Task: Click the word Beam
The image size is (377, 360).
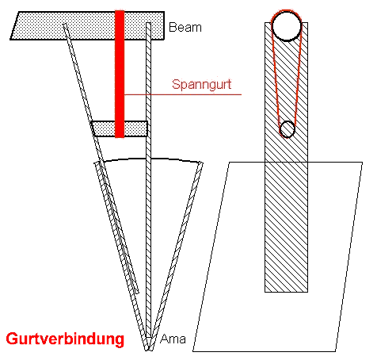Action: click(x=185, y=28)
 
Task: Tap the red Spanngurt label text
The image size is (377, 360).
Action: click(x=202, y=85)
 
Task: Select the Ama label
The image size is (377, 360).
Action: click(x=173, y=339)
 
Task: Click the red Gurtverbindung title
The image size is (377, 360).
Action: click(x=65, y=339)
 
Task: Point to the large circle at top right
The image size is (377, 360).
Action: click(x=287, y=25)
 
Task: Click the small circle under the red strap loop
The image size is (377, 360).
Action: click(x=287, y=129)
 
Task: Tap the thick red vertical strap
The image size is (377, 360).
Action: click(x=120, y=74)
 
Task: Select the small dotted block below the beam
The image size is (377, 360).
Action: click(x=119, y=128)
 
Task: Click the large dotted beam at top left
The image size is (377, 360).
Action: click(x=87, y=25)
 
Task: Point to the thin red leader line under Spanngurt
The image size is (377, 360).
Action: click(x=183, y=94)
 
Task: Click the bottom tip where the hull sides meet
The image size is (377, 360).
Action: click(x=148, y=350)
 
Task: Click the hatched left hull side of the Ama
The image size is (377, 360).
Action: click(x=121, y=255)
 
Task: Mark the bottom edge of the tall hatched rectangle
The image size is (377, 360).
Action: click(x=286, y=292)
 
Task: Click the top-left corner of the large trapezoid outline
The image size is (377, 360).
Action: click(x=229, y=162)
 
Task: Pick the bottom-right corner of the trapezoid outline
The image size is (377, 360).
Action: click(x=336, y=351)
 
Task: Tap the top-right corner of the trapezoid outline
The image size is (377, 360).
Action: click(x=362, y=163)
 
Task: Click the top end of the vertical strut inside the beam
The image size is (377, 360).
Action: click(x=148, y=23)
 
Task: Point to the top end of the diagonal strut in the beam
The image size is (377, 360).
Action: click(x=65, y=25)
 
